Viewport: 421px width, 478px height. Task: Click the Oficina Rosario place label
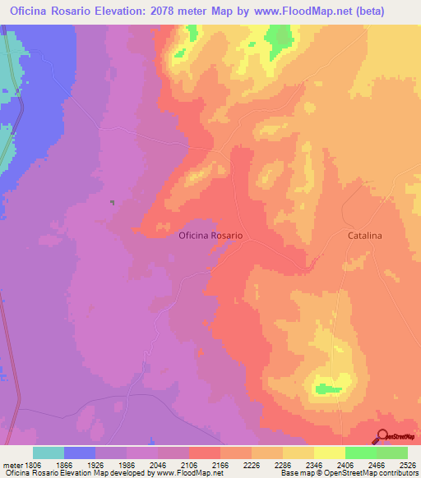coord(210,235)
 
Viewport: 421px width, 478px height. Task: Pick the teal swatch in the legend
coord(49,453)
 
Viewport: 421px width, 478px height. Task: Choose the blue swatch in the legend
coord(80,453)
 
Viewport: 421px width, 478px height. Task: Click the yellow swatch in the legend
coord(329,453)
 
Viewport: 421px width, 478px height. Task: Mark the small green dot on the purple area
coord(112,202)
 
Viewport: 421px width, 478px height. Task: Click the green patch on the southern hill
coord(327,388)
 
